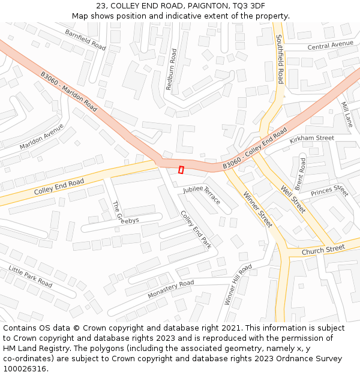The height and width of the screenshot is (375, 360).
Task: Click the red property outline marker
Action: (181, 170)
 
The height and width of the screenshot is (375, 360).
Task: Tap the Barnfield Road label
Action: (85, 40)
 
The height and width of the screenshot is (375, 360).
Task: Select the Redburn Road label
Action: (172, 70)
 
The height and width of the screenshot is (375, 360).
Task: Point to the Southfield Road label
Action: (280, 58)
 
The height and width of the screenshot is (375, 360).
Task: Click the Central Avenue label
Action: (331, 45)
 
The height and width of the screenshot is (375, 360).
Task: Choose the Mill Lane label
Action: (347, 114)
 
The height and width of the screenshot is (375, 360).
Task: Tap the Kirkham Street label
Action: (311, 139)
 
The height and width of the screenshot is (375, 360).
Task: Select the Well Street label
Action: (293, 199)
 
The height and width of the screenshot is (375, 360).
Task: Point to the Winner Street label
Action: (257, 209)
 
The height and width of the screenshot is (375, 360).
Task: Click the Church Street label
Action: (323, 249)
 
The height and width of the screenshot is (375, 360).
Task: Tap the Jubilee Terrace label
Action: (202, 195)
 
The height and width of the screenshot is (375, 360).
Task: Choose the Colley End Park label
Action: (196, 229)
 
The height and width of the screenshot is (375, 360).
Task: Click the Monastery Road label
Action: (171, 290)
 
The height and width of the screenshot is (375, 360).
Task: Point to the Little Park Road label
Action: (30, 277)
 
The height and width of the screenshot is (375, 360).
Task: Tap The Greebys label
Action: (125, 212)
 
